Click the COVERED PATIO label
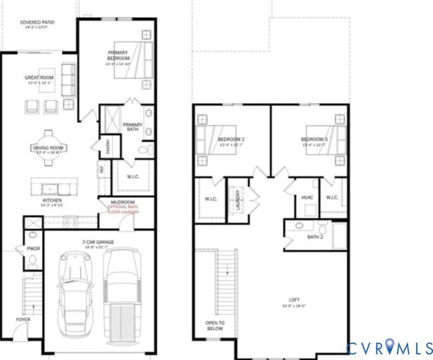(37, 21)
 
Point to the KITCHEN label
(52, 200)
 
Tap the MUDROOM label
(122, 202)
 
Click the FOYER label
(24, 319)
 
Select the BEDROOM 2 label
(230, 139)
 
